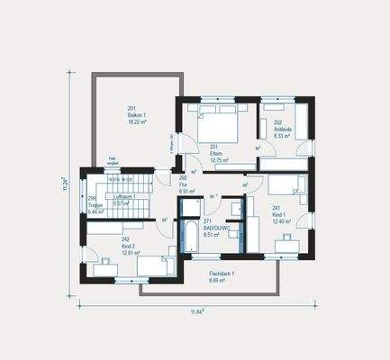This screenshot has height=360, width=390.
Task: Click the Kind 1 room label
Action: [x=282, y=216]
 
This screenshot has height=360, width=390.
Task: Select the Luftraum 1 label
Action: [x=118, y=194]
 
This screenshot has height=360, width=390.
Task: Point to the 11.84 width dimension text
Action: [x=197, y=312]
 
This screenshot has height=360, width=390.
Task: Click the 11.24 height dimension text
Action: [x=65, y=185]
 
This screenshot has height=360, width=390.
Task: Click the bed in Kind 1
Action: [x=287, y=185]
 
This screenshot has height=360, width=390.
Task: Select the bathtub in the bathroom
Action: [x=191, y=235]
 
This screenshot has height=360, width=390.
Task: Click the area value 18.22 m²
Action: [x=137, y=120]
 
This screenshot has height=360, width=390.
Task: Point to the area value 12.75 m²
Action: [x=217, y=161]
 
